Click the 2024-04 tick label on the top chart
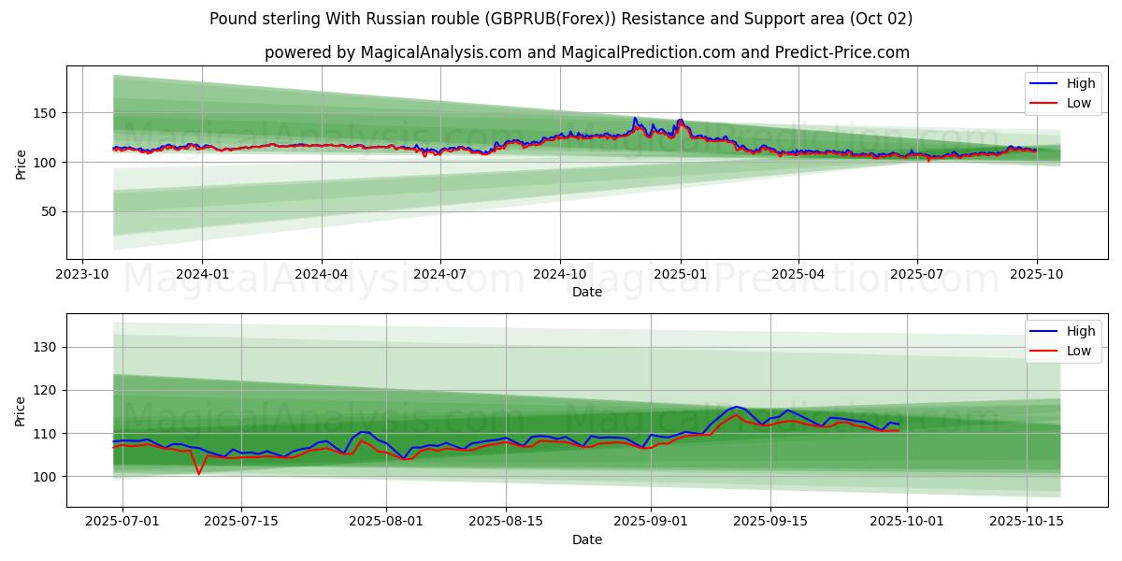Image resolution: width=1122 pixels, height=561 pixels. click(x=322, y=274)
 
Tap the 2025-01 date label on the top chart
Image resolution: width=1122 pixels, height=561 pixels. click(x=680, y=274)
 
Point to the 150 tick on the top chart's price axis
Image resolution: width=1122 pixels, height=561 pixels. click(x=47, y=113)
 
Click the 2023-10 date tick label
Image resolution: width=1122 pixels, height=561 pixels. click(x=83, y=274)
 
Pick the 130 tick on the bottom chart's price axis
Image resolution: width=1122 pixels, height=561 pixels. click(x=47, y=347)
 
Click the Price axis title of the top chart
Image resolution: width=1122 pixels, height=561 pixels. click(x=21, y=163)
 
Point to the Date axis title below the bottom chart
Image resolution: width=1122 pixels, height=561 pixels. click(x=587, y=539)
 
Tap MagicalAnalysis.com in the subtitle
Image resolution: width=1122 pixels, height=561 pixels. click(x=442, y=52)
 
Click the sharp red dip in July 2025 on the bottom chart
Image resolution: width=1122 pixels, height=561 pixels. click(x=198, y=473)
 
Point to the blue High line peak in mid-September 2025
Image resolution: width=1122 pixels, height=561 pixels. click(x=737, y=407)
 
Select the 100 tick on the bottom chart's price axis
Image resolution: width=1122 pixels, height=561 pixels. click(x=47, y=477)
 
